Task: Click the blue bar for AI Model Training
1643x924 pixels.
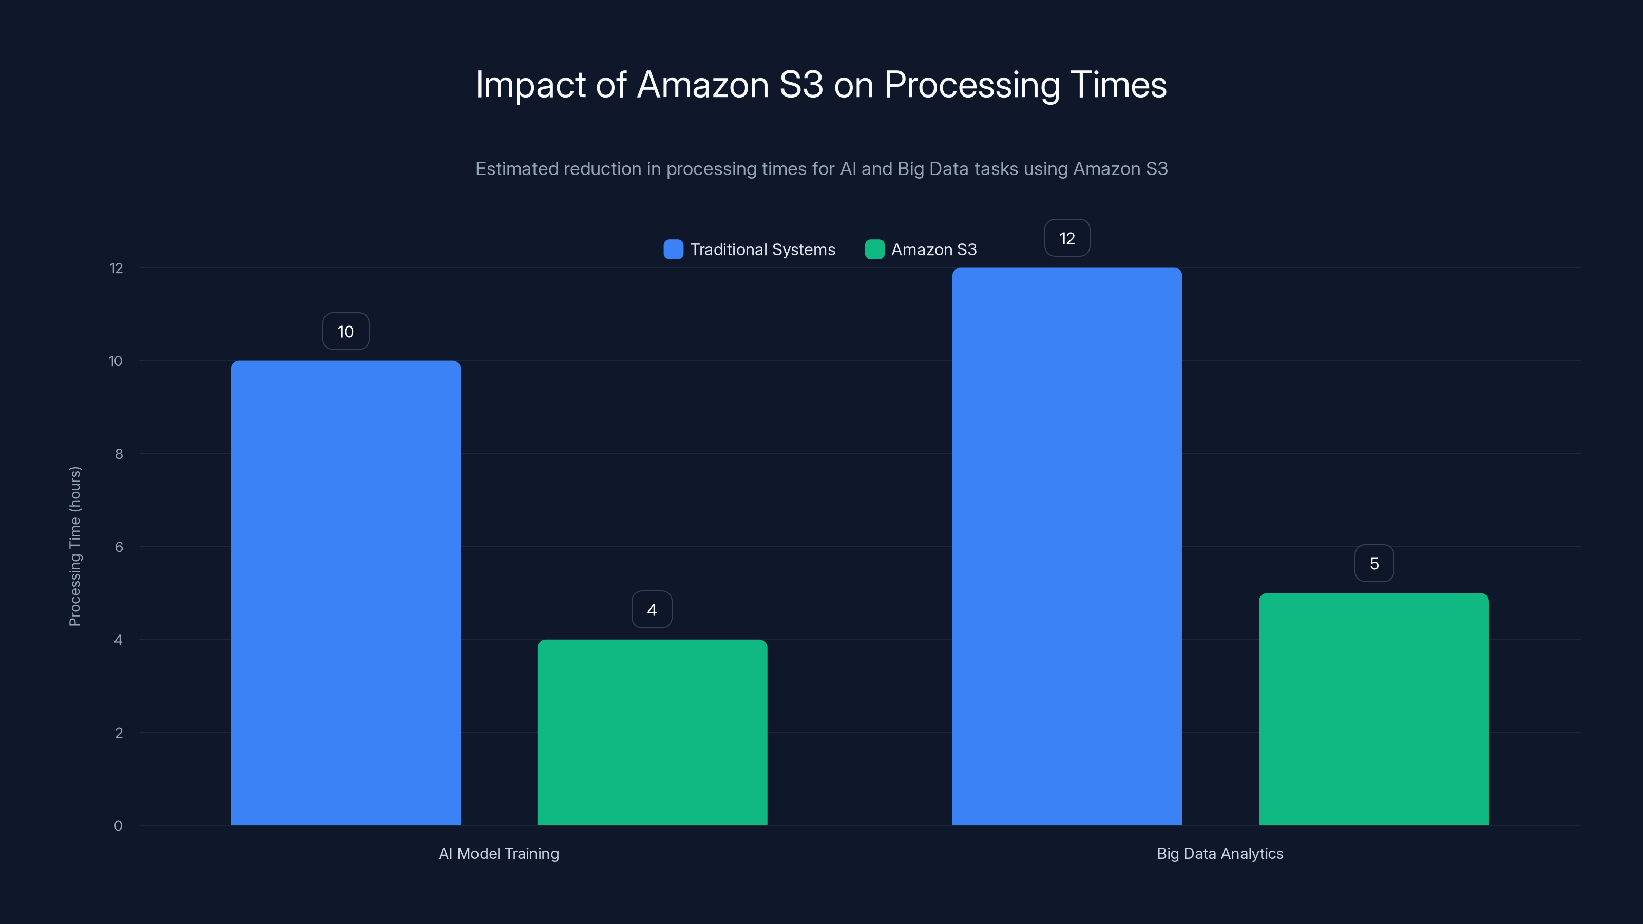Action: coord(345,593)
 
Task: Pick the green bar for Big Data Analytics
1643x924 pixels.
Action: coord(1373,709)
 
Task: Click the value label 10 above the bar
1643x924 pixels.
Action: coord(346,332)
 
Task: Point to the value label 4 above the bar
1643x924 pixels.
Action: coord(652,610)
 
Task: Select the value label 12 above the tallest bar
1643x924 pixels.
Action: coord(1067,239)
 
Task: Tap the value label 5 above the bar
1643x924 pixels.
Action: coord(1374,564)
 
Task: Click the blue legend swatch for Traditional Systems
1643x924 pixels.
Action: coord(673,249)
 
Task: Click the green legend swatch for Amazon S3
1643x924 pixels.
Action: coord(874,249)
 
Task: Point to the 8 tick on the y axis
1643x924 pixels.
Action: coord(119,454)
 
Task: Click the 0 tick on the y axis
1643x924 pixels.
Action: coord(118,826)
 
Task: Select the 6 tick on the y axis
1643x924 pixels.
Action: coord(119,547)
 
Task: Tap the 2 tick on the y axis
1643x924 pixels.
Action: coord(119,733)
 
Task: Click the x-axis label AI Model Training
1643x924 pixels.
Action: coord(499,853)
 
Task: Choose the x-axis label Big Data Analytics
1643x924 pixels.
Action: coord(1219,853)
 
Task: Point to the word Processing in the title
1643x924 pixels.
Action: coord(971,85)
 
